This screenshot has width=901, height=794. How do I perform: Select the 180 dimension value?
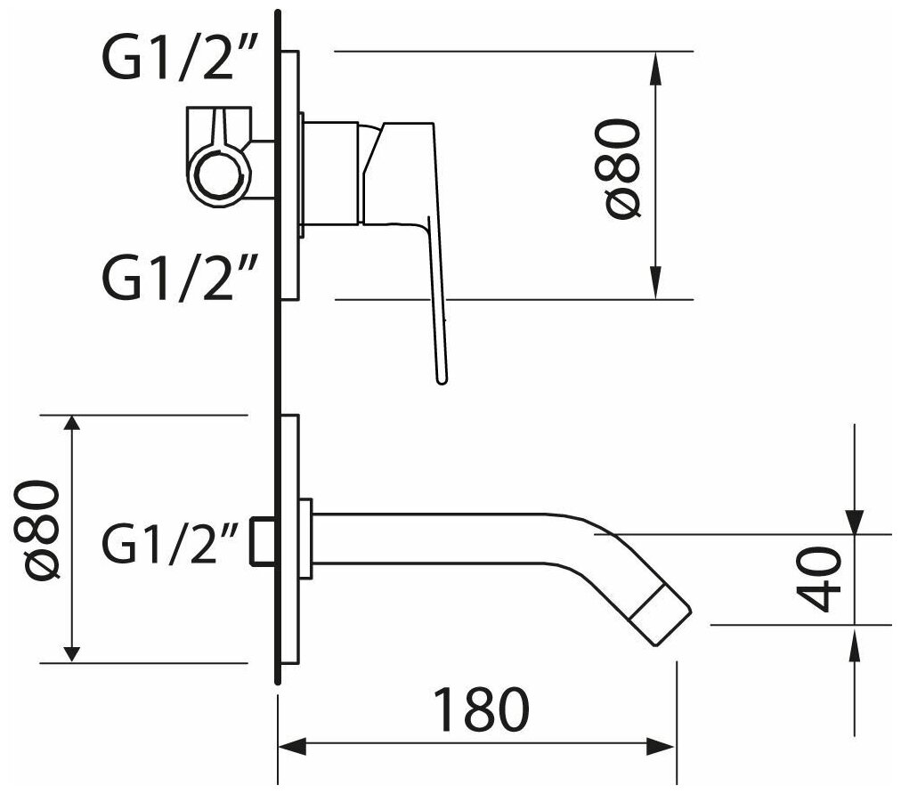click(482, 709)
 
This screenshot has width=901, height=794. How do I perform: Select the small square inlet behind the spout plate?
click(262, 540)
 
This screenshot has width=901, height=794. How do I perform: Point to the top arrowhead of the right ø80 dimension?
click(656, 63)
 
